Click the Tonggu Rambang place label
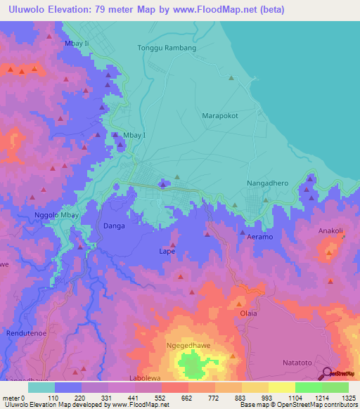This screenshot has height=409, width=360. click(x=166, y=48)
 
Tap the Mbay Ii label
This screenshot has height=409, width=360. click(x=77, y=43)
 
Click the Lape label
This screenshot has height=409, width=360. click(x=167, y=251)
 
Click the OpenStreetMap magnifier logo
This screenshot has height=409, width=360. click(x=328, y=373)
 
